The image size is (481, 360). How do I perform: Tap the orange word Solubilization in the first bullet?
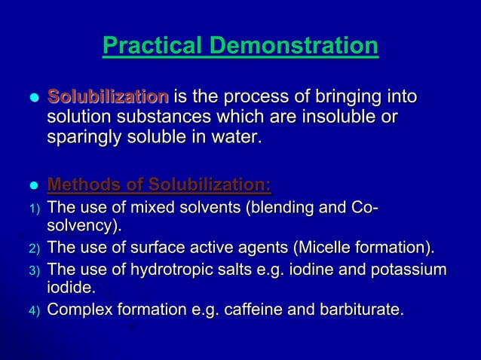(109, 97)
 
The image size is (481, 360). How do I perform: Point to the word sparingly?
(84, 139)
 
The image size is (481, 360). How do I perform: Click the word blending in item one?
(273, 206)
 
